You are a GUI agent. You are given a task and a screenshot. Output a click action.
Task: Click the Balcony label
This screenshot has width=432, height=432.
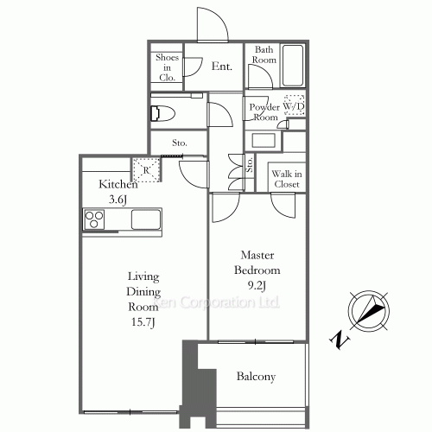tap(256, 377)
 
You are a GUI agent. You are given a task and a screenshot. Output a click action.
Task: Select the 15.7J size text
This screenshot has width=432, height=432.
tap(143, 322)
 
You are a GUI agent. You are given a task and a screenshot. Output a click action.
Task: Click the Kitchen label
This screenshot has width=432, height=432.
tap(118, 184)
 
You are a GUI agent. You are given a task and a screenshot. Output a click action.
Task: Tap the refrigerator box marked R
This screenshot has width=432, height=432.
tap(146, 169)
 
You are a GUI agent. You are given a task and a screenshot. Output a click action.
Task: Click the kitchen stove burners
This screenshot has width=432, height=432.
tap(93, 219)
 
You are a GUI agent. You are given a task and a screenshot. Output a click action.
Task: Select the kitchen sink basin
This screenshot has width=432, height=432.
tap(144, 219)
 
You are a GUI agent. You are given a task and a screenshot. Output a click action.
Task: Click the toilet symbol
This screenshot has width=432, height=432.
tap(162, 112)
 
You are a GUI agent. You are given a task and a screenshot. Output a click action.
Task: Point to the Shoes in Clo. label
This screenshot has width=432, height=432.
tap(166, 67)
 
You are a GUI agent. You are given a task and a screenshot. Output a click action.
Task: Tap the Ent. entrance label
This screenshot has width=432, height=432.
tap(221, 66)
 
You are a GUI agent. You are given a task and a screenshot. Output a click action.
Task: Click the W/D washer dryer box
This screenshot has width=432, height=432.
tap(295, 105)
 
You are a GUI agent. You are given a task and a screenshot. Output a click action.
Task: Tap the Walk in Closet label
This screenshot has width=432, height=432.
tap(285, 178)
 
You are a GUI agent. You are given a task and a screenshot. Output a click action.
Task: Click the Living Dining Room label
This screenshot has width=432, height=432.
tap(143, 291)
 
